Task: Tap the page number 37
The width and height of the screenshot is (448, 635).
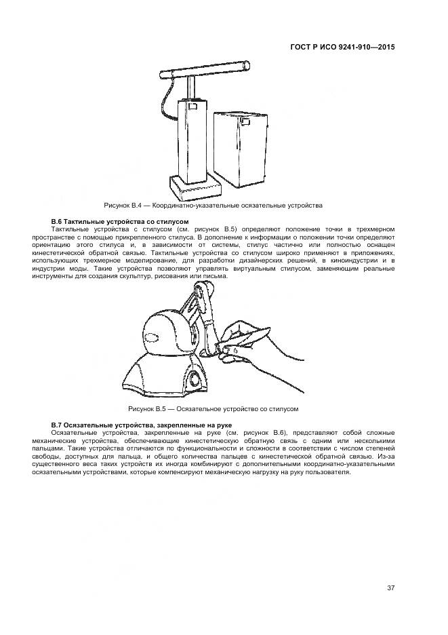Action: (390, 588)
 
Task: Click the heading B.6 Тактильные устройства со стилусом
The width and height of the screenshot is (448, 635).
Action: (119, 222)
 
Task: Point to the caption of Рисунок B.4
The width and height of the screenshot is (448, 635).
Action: (213, 205)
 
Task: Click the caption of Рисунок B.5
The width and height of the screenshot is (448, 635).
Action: (213, 409)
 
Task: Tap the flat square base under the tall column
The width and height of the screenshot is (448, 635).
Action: (194, 186)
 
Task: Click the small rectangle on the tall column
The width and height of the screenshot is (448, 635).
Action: (192, 105)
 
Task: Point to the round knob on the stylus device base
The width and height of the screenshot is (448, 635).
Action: (196, 377)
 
